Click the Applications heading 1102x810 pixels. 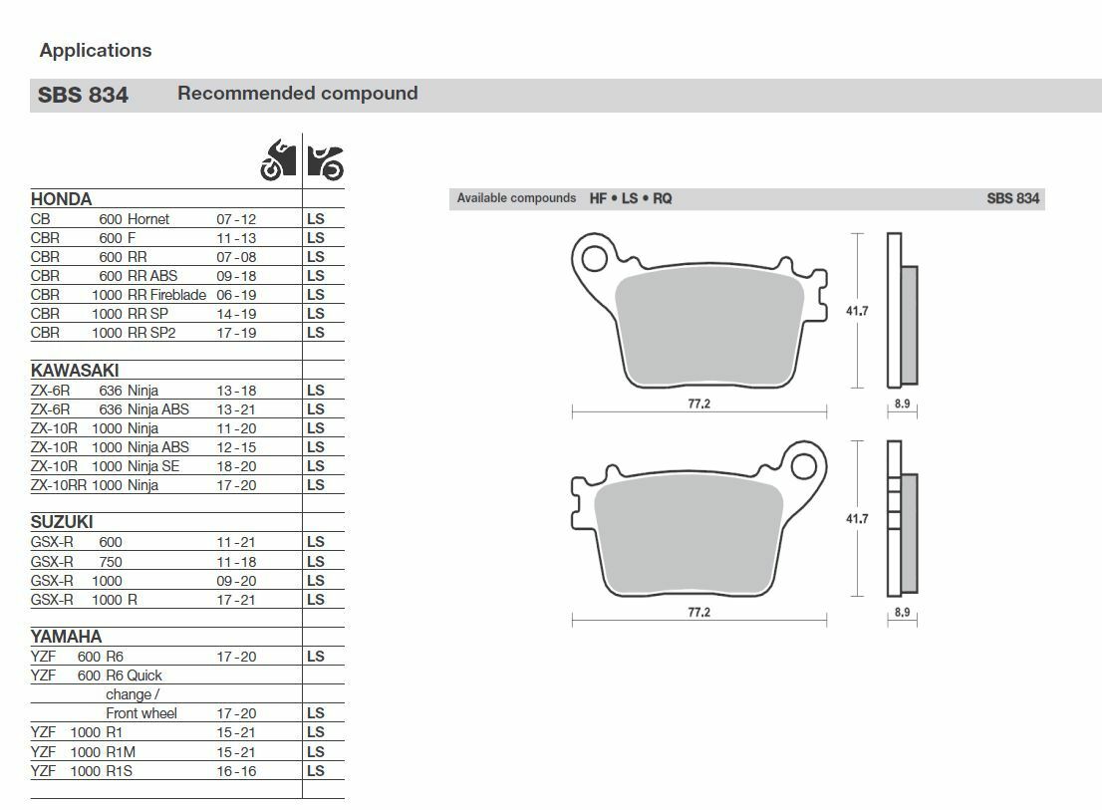pos(96,51)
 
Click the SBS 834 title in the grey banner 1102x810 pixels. pos(83,95)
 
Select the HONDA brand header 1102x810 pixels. pos(61,199)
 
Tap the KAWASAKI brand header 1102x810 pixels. pos(75,371)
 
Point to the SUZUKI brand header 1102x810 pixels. pos(62,522)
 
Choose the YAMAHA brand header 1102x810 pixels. pos(66,637)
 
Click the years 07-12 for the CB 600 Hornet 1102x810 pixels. pos(236,219)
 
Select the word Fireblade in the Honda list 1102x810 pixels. pos(178,295)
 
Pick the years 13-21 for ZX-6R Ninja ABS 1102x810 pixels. pos(236,409)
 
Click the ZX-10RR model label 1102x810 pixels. pos(59,485)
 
